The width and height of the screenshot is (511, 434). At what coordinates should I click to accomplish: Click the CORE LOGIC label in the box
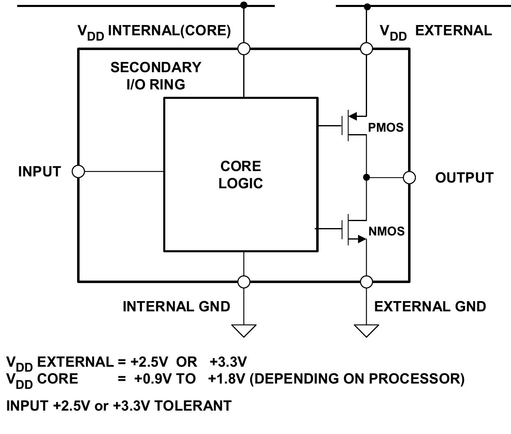click(x=241, y=175)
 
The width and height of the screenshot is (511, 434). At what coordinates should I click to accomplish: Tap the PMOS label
click(x=386, y=128)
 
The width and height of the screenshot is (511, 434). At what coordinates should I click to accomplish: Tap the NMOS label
click(x=386, y=231)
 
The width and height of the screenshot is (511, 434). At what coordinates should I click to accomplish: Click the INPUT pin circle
click(x=78, y=171)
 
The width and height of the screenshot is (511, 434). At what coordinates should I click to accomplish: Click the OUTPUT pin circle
click(x=409, y=178)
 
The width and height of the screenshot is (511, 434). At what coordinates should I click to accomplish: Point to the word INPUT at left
click(x=39, y=171)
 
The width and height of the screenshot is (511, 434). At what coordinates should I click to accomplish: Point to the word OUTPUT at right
click(x=464, y=178)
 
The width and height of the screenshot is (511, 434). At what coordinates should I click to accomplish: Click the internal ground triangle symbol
click(x=244, y=329)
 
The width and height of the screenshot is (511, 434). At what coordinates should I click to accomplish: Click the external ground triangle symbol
click(x=366, y=329)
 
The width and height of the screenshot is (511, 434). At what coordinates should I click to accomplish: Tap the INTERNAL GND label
click(x=176, y=306)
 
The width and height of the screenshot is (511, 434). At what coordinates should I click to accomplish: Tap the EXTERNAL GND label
click(x=430, y=306)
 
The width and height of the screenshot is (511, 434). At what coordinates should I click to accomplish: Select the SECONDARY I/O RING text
click(x=156, y=75)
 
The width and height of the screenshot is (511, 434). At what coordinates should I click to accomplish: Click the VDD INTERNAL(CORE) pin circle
click(x=244, y=49)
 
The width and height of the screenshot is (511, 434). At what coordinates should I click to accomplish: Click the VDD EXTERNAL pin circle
click(x=366, y=49)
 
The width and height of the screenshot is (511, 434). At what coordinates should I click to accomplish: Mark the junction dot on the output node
click(x=366, y=177)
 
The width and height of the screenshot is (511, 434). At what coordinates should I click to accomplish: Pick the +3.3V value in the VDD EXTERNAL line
click(x=228, y=362)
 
